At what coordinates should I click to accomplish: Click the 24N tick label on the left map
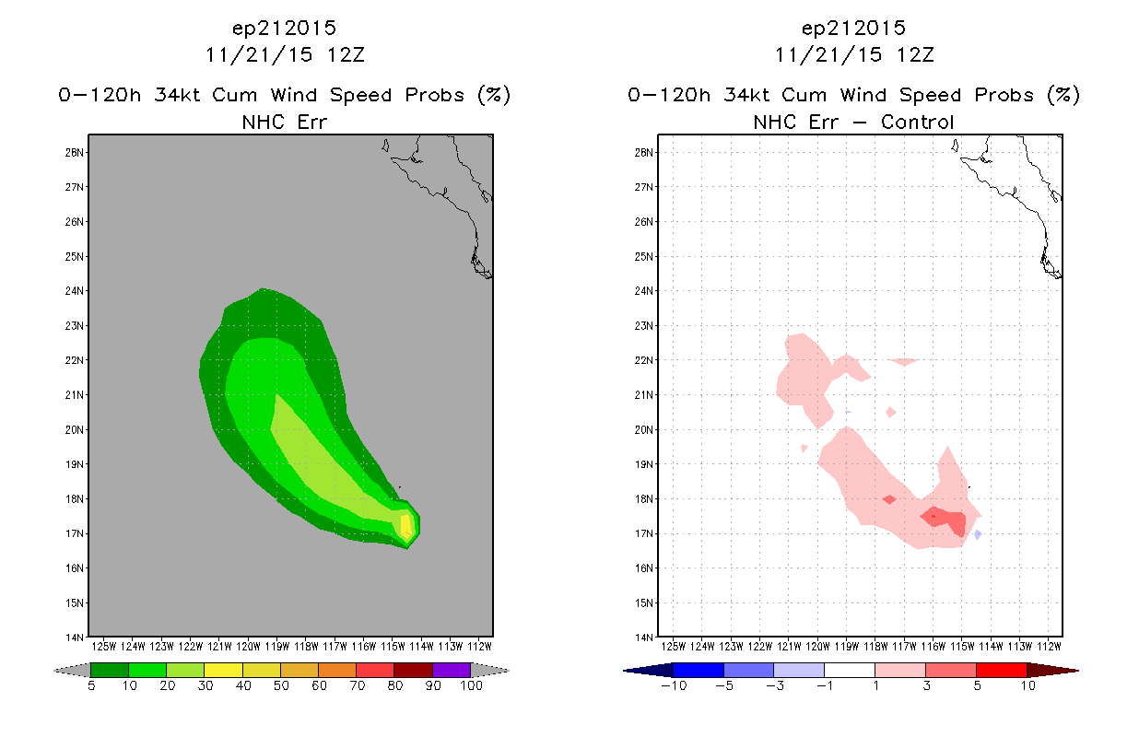coord(75,291)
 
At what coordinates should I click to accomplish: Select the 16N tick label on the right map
coord(644,568)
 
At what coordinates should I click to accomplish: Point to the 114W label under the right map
coord(991,647)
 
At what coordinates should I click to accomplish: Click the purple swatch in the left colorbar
coord(452,670)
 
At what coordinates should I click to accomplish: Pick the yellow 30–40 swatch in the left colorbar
coord(224,670)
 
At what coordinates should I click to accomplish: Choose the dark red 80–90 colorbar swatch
coord(414,670)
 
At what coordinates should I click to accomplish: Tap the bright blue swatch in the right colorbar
coord(699,671)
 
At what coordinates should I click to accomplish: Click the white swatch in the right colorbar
coord(849,671)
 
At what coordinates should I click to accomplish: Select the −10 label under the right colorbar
coord(674,686)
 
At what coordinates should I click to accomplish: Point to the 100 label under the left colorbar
coord(472,686)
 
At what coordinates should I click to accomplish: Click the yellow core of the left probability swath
coord(405,526)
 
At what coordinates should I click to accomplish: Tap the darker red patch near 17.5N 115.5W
coord(945,520)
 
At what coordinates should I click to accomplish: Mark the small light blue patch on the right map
coord(978,534)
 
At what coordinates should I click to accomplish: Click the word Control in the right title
coord(917,123)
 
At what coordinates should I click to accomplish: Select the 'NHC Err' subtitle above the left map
coord(285,123)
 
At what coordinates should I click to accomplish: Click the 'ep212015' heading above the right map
coord(853,29)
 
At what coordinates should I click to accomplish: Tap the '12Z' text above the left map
coord(346,55)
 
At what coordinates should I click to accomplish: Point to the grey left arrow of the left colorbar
coord(72,671)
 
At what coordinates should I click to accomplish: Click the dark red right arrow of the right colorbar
coord(1052,671)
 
